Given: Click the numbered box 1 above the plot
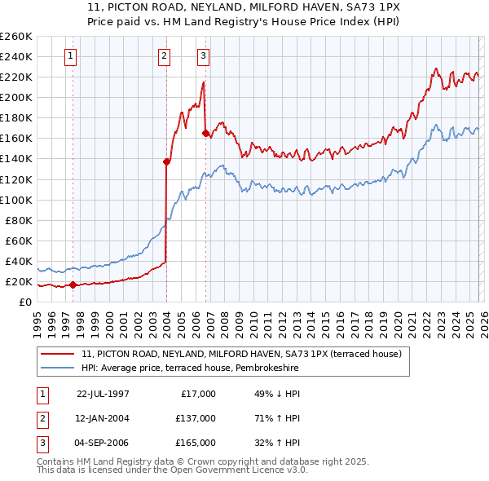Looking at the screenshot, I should point(72,56).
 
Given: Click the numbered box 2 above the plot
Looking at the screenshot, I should point(165,56).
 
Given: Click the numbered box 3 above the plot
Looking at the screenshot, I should point(203,56).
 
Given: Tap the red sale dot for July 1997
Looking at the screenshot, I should point(73,285).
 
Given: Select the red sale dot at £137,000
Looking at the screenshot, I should point(166,161).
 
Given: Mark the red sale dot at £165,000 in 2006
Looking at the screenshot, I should point(205,133).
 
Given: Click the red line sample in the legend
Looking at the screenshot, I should point(59,355).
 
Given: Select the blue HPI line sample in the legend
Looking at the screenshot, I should point(59,368).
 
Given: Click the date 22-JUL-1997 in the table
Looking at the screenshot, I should point(103,394).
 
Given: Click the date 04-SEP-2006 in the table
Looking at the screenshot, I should point(103,443).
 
